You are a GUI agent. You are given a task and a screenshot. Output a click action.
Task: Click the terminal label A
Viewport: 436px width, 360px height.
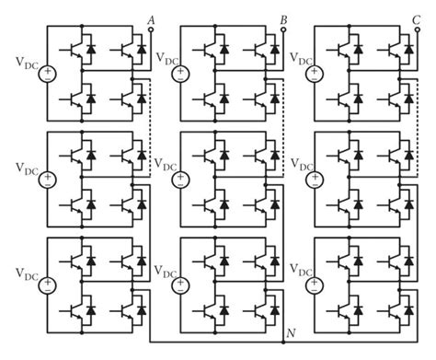pyautogui.click(x=151, y=16)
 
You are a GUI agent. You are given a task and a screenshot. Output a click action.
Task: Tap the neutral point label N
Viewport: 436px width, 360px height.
pyautogui.click(x=291, y=332)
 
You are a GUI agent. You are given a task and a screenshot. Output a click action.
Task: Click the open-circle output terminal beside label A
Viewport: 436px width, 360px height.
pyautogui.click(x=151, y=29)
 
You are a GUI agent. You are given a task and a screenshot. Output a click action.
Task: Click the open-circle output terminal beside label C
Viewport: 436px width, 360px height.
pyautogui.click(x=419, y=29)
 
